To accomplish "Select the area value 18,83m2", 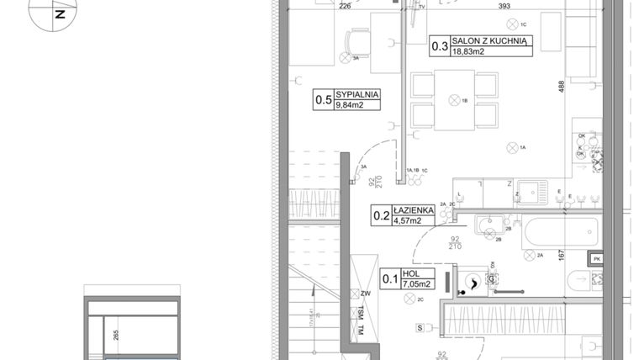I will click(470, 51).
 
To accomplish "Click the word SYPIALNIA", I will click(357, 94).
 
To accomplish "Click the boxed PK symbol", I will click(596, 258).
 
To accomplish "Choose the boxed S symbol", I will click(418, 326).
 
